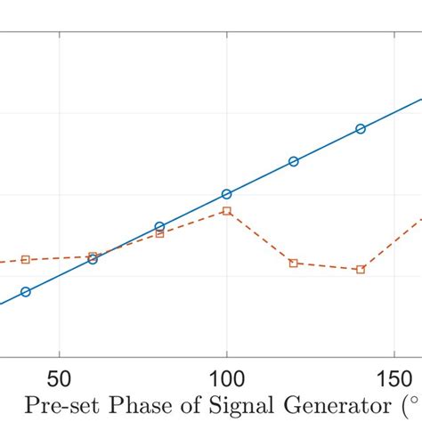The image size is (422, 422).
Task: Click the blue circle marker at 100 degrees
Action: [226, 194]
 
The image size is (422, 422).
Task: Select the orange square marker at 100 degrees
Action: [226, 211]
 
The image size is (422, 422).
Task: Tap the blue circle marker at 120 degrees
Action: [294, 161]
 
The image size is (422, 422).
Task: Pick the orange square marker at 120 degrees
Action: [294, 263]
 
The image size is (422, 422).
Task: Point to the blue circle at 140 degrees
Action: [361, 129]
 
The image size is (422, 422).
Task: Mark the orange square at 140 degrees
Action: [361, 269]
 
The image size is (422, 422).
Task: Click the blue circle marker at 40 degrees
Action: [25, 292]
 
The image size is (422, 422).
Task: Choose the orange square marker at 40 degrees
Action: [25, 259]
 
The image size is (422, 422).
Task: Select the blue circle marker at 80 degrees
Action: [159, 227]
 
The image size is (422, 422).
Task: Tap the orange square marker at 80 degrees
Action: [159, 233]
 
